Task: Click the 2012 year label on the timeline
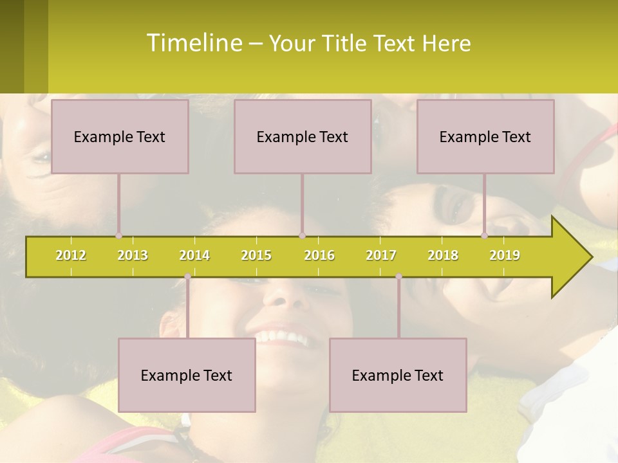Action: pyautogui.click(x=71, y=255)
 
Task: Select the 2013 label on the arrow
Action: pyautogui.click(x=133, y=255)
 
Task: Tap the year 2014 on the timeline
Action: pyautogui.click(x=194, y=255)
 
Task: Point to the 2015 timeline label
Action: pyautogui.click(x=256, y=255)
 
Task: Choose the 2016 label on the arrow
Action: pyautogui.click(x=319, y=255)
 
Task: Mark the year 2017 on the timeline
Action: pyautogui.click(x=381, y=255)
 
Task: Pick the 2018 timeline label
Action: pyautogui.click(x=443, y=255)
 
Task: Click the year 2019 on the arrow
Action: pyautogui.click(x=505, y=255)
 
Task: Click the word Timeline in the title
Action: pyautogui.click(x=193, y=43)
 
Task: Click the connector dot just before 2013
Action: pyautogui.click(x=119, y=236)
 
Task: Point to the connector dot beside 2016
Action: pyautogui.click(x=302, y=236)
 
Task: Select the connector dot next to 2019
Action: pyautogui.click(x=485, y=236)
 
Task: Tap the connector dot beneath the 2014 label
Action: pyautogui.click(x=187, y=277)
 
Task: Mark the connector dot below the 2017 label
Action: pyautogui.click(x=398, y=277)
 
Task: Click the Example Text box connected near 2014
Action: pyautogui.click(x=187, y=375)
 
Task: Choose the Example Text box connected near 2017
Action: pyautogui.click(x=398, y=375)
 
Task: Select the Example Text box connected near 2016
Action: pyautogui.click(x=303, y=136)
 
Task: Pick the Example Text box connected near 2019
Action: pyautogui.click(x=485, y=136)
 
